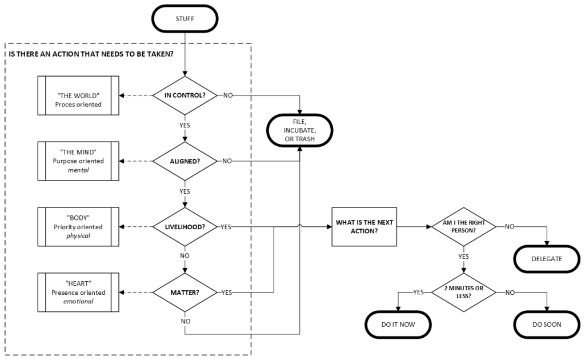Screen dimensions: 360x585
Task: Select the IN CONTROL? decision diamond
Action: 185,95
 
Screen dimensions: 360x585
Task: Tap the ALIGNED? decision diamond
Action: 185,161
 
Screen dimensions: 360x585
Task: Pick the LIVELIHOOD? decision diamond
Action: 185,227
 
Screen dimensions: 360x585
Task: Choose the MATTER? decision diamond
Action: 185,293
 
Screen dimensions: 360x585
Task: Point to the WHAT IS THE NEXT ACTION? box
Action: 364,227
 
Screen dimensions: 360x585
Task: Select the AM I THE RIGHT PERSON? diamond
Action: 463,227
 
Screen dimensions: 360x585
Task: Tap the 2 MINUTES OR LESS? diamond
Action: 463,293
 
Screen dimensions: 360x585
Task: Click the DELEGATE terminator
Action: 548,259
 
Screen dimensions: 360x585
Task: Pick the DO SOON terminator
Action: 548,325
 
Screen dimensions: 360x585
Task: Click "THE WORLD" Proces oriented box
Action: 78,95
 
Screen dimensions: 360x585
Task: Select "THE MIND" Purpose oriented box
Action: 78,161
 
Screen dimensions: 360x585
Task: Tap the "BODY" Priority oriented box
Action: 78,227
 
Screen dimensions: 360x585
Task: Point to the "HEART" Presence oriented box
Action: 78,293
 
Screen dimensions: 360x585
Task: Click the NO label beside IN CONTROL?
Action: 228,95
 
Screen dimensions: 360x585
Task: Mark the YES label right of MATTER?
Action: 226,293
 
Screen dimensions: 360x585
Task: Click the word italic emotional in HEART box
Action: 78,301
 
